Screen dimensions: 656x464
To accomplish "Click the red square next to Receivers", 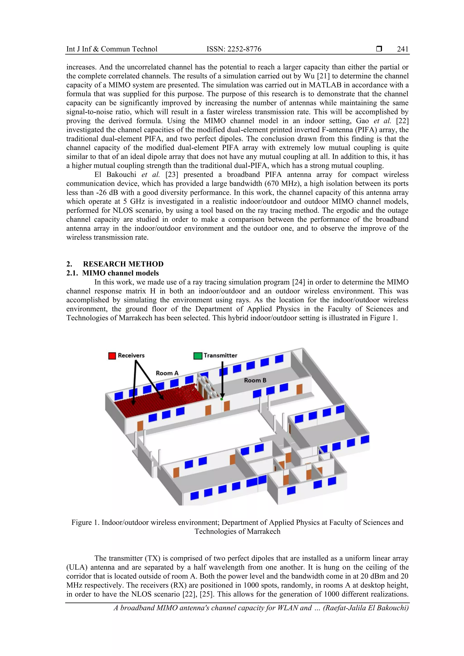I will [x=112, y=356].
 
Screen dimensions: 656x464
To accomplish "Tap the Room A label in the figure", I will [x=167, y=373].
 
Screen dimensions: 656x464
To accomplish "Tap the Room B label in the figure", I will [x=255, y=380].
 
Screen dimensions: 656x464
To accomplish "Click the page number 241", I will [x=403, y=49].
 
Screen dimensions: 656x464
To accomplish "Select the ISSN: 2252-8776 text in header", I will [x=234, y=49].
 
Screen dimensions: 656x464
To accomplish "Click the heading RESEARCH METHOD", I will [x=123, y=264].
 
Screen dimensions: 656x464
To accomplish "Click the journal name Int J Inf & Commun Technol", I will [x=112, y=49].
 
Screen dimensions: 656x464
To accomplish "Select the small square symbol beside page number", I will [x=379, y=49].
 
